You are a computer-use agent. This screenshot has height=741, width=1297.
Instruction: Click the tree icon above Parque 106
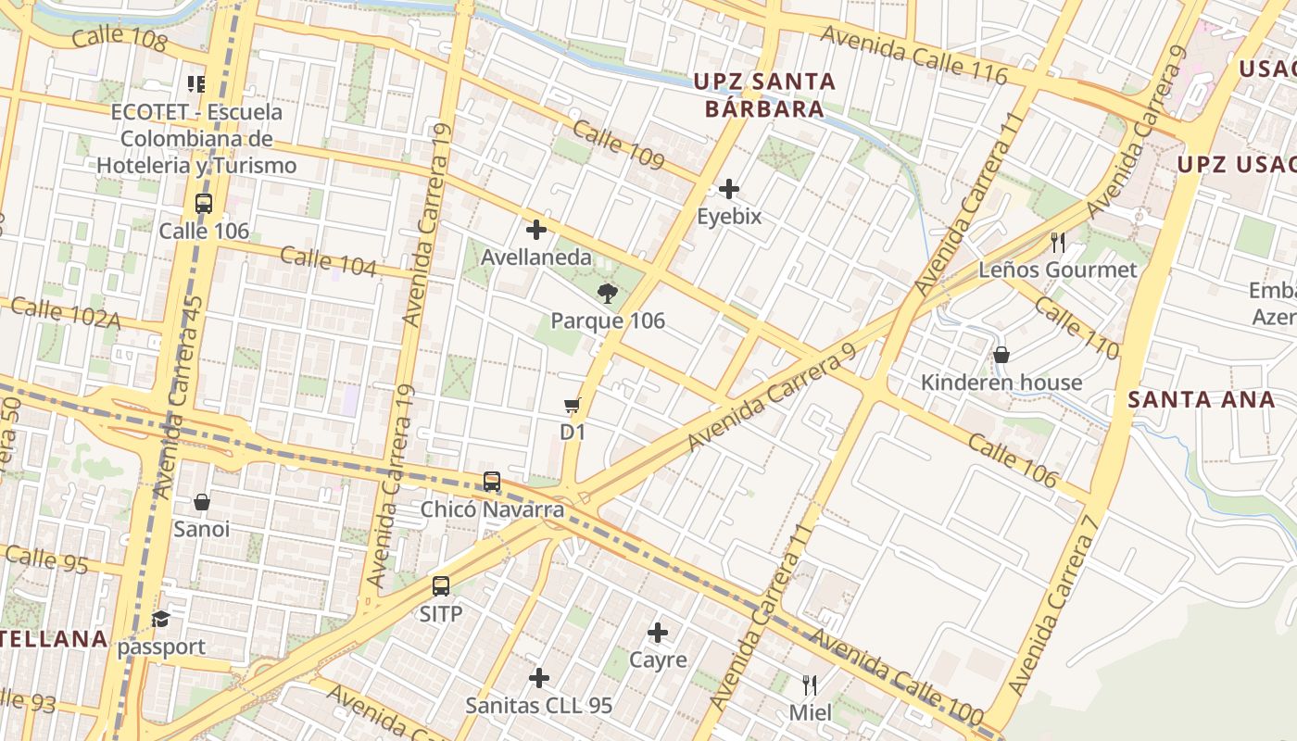(608, 295)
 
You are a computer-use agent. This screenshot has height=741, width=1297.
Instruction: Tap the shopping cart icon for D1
(573, 406)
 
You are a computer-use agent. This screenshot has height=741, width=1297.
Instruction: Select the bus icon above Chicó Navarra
(492, 483)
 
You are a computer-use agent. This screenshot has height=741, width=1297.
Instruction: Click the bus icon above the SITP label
(441, 586)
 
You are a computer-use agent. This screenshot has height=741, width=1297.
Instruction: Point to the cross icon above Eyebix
(729, 190)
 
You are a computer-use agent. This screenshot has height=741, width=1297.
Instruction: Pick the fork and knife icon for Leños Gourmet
(1057, 243)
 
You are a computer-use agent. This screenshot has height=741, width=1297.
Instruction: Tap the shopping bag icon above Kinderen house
(1001, 356)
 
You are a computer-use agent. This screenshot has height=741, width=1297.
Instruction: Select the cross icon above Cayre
(658, 634)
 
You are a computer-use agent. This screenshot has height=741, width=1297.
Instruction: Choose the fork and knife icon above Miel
(810, 685)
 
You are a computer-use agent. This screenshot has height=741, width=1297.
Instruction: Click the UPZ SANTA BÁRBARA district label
(764, 95)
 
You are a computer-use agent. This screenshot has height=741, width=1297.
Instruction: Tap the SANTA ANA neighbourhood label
(1202, 400)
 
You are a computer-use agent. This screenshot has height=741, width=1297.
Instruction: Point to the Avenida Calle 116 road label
(913, 57)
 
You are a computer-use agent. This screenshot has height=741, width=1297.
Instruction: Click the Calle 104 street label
(328, 262)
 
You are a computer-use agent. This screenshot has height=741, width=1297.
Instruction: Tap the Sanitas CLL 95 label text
(538, 706)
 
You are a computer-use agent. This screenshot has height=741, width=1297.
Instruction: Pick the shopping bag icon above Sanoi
(202, 503)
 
